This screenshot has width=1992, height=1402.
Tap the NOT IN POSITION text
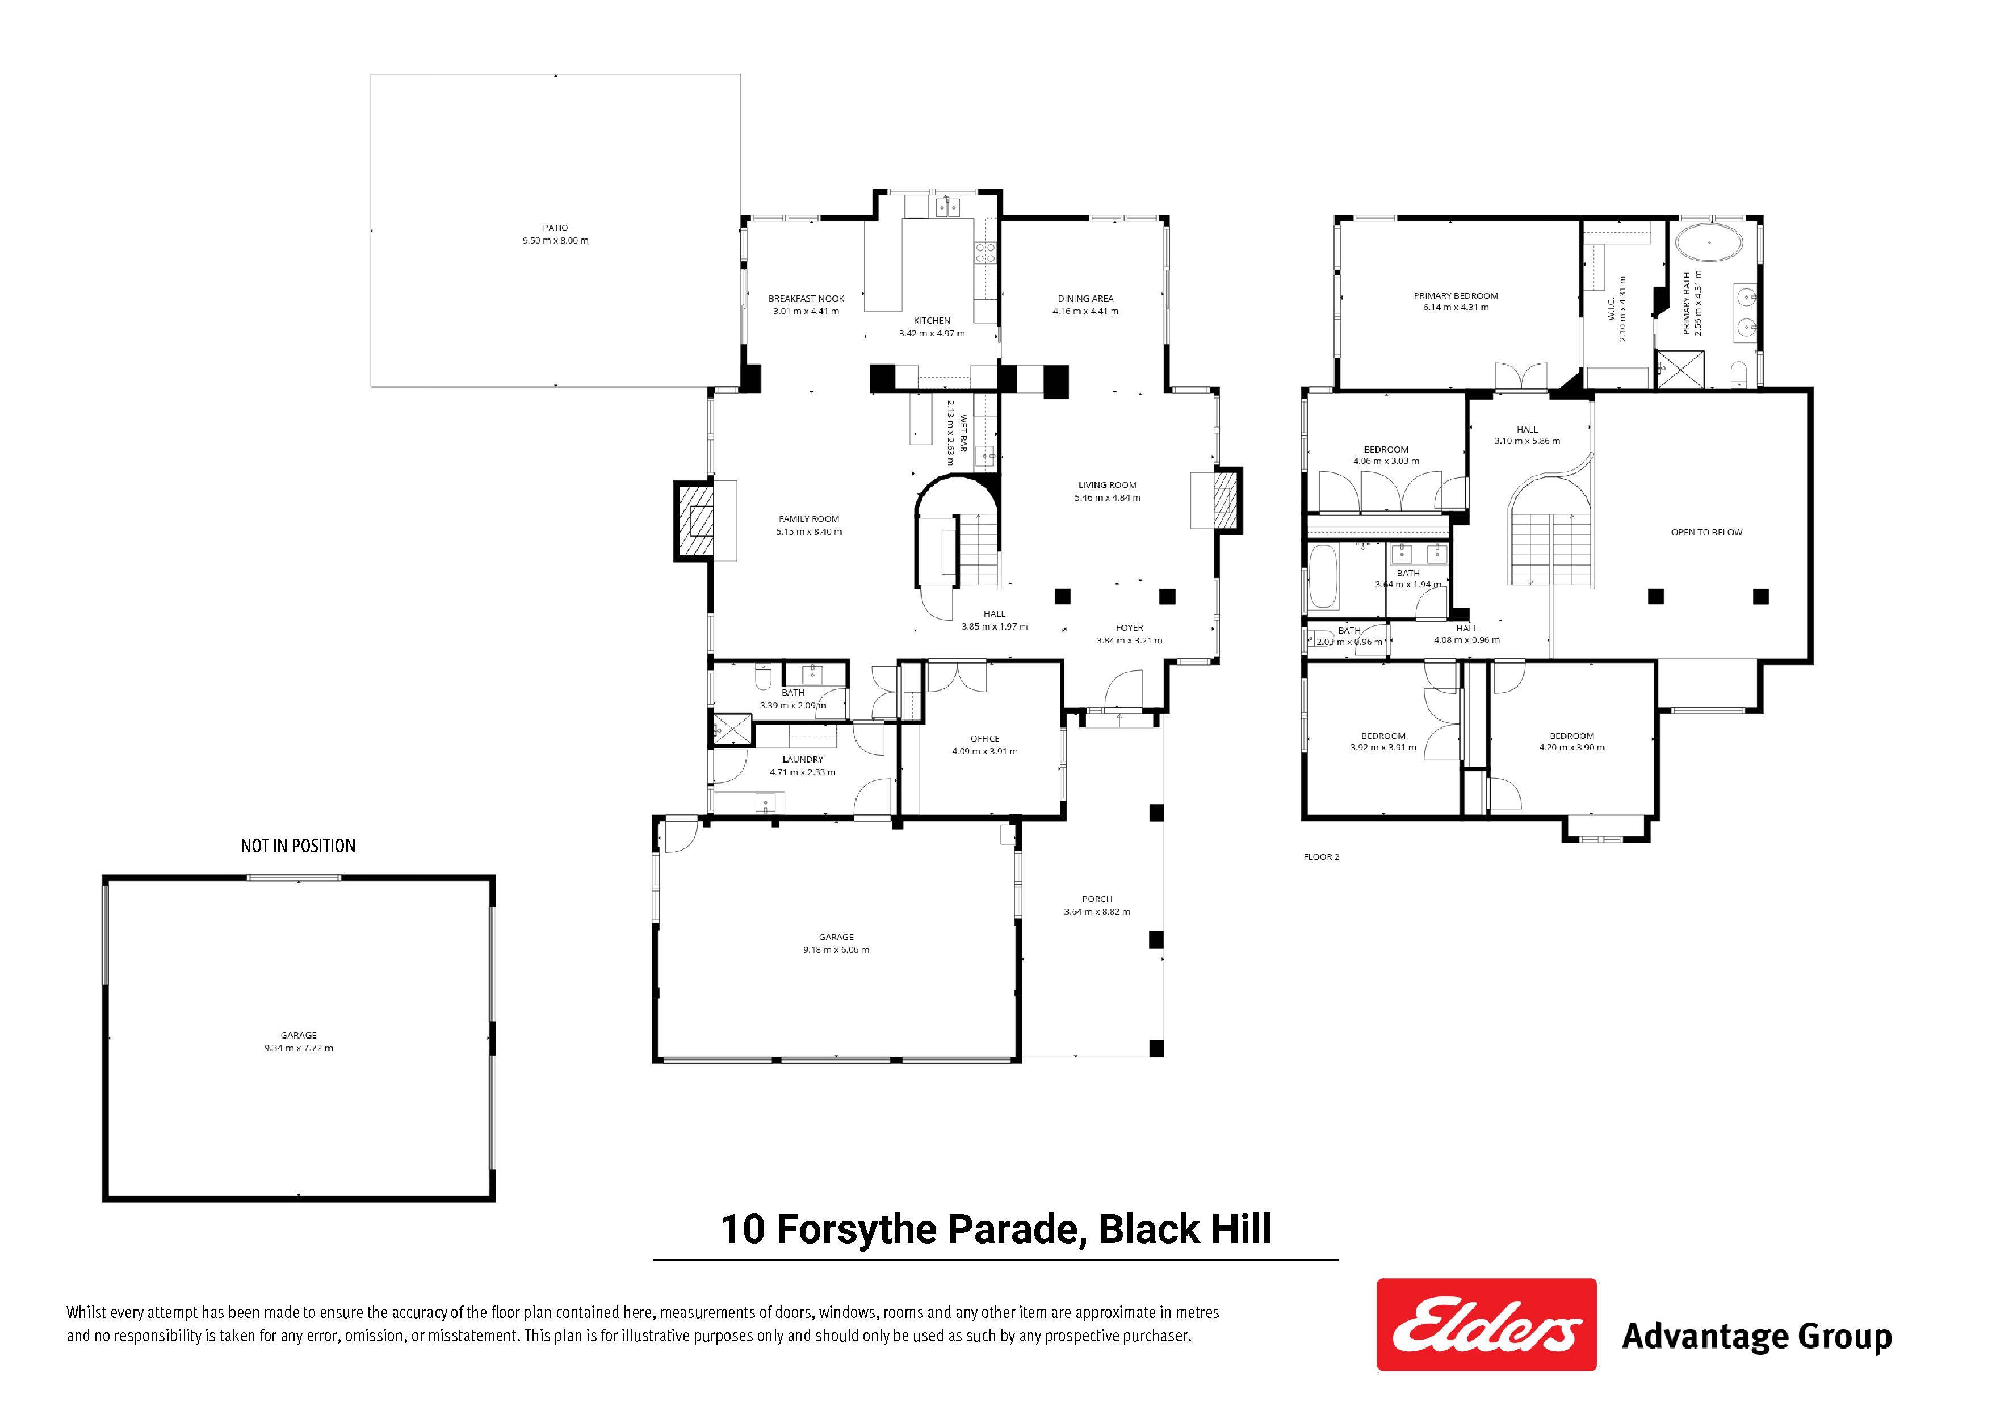(297, 846)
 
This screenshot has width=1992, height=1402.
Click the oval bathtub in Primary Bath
(1708, 243)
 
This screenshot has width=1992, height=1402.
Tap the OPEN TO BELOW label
(1706, 533)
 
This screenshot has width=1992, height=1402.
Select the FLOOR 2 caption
(1322, 857)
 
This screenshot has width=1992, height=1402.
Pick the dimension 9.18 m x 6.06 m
(836, 950)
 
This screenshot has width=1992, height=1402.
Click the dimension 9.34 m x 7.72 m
(299, 1048)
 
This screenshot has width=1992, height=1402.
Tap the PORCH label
(1097, 899)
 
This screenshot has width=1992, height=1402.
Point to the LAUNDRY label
(803, 759)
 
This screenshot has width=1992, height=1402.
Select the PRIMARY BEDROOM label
(1456, 296)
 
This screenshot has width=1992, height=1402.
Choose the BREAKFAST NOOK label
(806, 299)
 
